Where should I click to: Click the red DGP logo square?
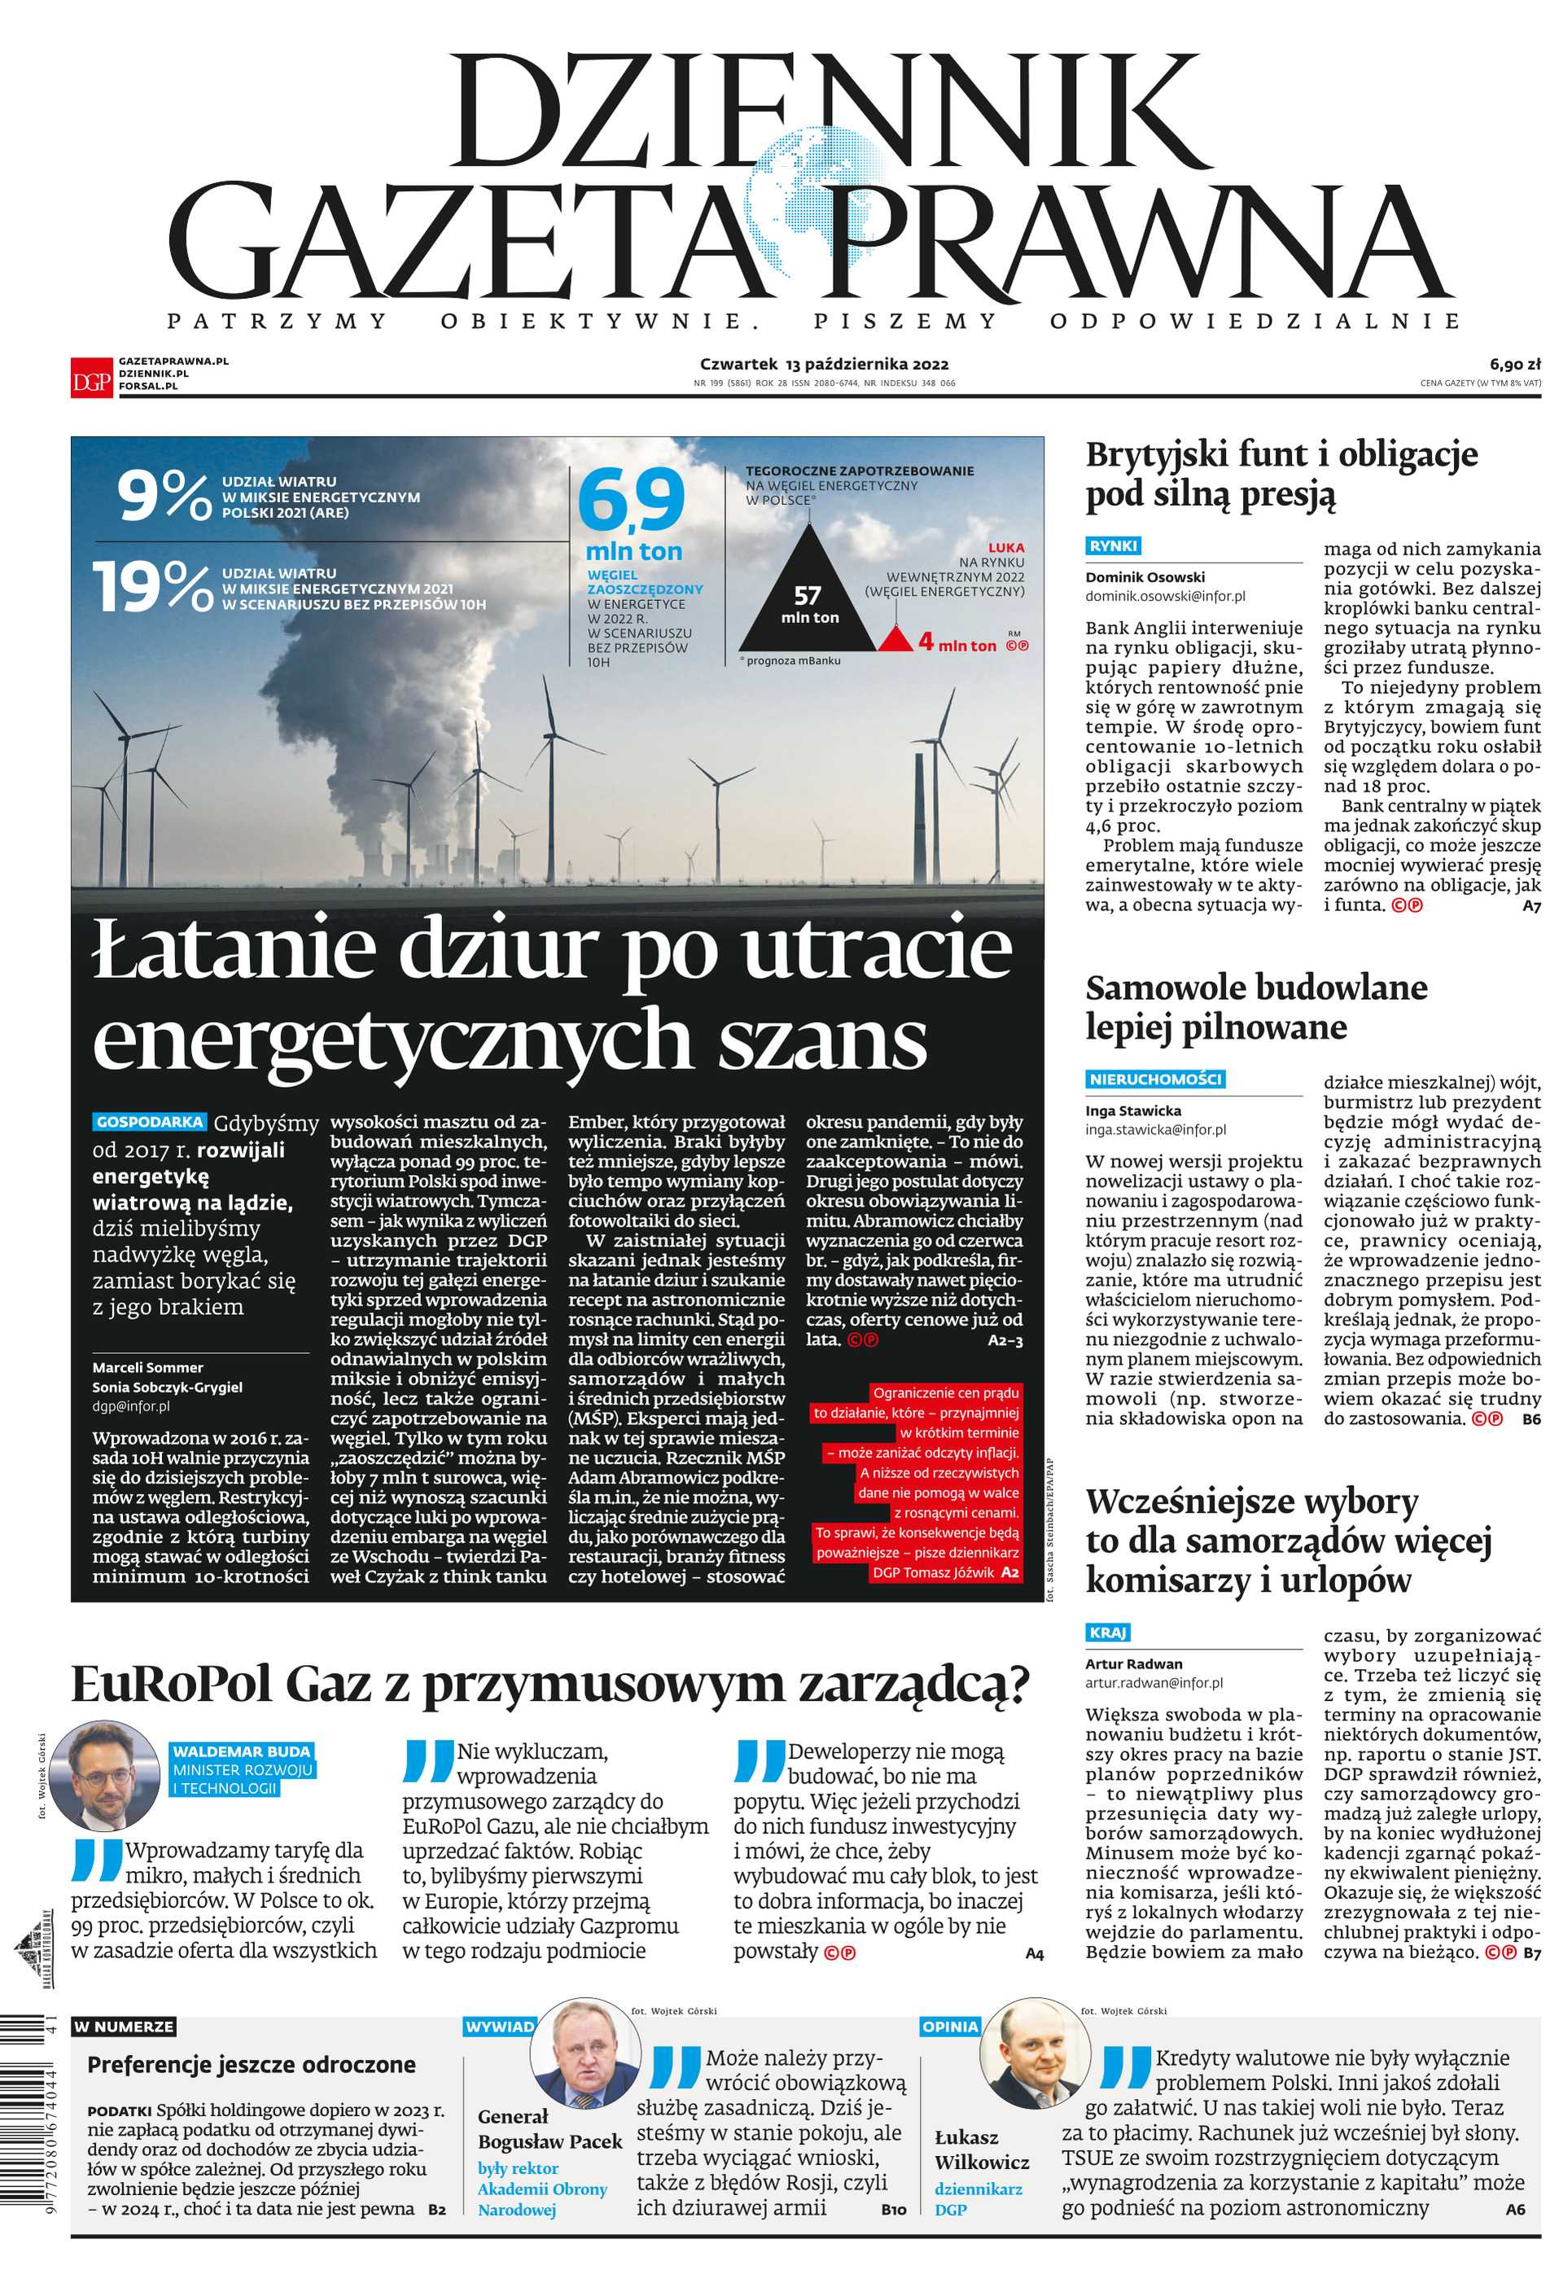pos(92,376)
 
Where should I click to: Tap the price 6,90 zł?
pos(1515,364)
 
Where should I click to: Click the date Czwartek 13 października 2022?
pos(824,364)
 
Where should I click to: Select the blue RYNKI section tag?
pos(1114,546)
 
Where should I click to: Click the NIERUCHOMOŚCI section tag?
pos(1156,1079)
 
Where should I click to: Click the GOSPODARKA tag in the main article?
pos(150,1122)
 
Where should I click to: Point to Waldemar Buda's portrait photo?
pos(105,1777)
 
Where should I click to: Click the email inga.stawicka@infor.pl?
pos(1154,1129)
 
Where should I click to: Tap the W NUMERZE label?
pos(125,2027)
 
